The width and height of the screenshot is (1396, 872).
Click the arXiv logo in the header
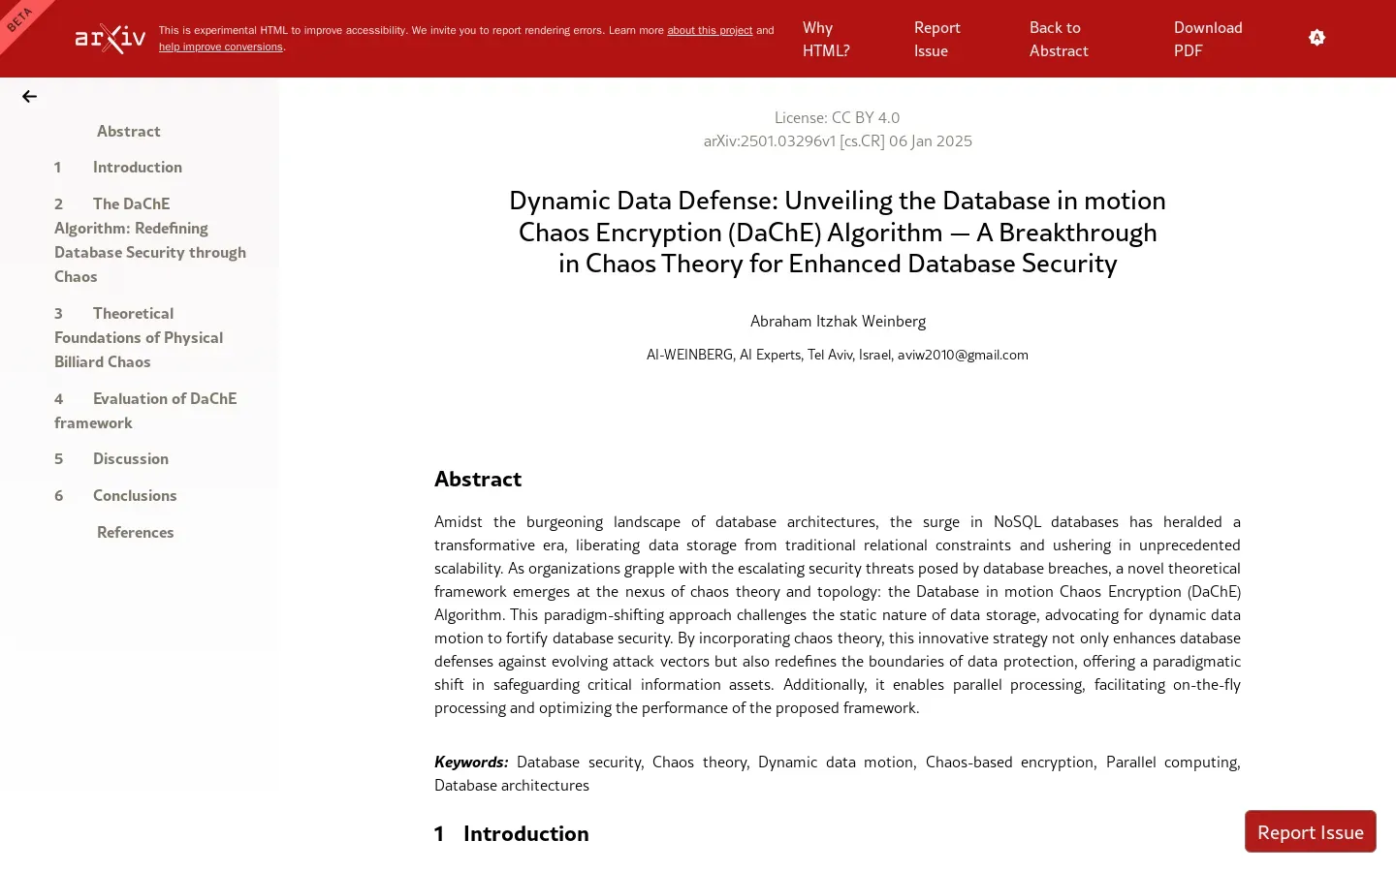coord(111,39)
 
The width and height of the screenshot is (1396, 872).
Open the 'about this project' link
coord(709,31)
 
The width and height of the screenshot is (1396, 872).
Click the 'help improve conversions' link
coord(220,47)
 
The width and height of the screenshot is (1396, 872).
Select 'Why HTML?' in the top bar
coord(826,40)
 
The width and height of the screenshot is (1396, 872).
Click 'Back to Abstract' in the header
coord(1058,40)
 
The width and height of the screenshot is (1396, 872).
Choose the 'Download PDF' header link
coord(1207,40)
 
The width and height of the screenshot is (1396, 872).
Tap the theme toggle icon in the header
coord(1317,38)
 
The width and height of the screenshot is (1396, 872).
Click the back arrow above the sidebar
coord(29,97)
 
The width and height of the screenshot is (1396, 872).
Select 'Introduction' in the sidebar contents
coord(137,168)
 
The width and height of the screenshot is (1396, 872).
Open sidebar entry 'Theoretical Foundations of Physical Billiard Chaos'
coord(138,337)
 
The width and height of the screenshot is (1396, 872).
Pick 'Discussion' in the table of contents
coord(130,459)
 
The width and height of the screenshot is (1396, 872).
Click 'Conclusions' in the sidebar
coord(135,496)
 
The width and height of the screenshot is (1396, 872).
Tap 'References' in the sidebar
coord(135,533)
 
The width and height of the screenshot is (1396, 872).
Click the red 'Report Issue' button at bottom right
coord(1310,832)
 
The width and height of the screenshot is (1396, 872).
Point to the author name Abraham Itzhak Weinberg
coord(838,322)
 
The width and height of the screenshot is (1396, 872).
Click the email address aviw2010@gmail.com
coord(963,356)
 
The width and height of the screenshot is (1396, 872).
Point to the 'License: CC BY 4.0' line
coord(837,118)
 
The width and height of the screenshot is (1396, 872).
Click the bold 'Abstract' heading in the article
coord(478,480)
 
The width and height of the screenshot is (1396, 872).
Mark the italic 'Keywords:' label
coord(471,763)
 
